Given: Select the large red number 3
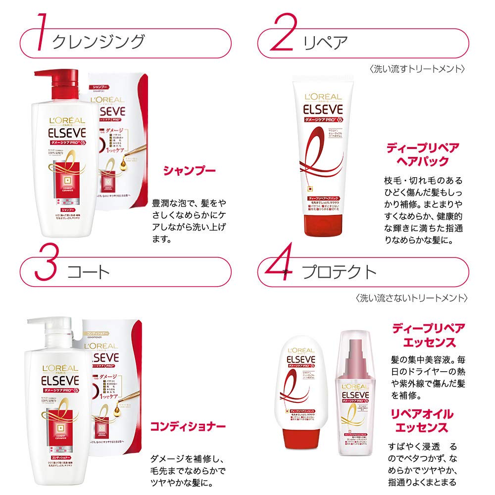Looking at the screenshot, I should pos(45,268).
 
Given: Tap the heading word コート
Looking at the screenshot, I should pos(87,272).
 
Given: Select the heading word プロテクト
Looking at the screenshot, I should pos(340,272).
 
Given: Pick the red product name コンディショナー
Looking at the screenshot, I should pos(188,426).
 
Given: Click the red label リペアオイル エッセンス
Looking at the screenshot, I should pos(422,421).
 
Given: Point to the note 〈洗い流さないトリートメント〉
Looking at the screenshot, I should pos(410,298).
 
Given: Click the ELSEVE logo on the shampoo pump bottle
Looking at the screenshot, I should pos(67,133).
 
